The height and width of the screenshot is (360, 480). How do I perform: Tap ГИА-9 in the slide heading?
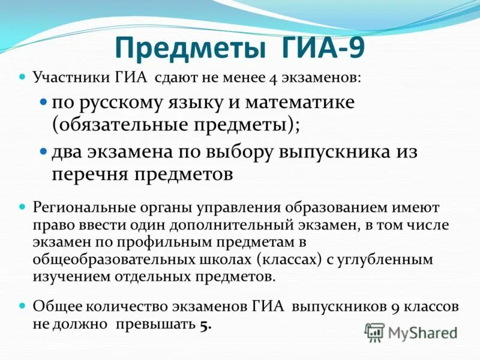[323, 46]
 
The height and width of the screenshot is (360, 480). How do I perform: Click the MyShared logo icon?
[374, 332]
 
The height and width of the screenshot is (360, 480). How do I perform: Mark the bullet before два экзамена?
[43, 151]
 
